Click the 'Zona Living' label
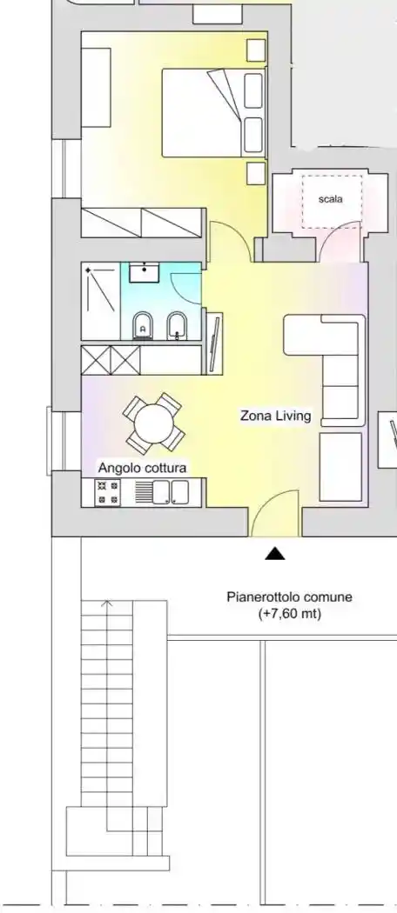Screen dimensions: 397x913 (276, 417)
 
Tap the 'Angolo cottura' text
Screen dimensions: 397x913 (142, 468)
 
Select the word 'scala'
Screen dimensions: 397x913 (331, 199)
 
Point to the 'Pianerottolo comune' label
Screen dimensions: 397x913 (289, 596)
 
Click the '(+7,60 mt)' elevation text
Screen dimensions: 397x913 (289, 613)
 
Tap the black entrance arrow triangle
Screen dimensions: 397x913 (274, 554)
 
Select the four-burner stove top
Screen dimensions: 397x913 (107, 493)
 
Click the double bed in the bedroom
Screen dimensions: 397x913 (213, 113)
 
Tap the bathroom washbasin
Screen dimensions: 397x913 (144, 272)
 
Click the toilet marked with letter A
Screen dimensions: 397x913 (143, 326)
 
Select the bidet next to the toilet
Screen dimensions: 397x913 (176, 326)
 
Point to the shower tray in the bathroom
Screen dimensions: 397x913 (101, 301)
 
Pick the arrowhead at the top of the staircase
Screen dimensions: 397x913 (107, 603)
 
